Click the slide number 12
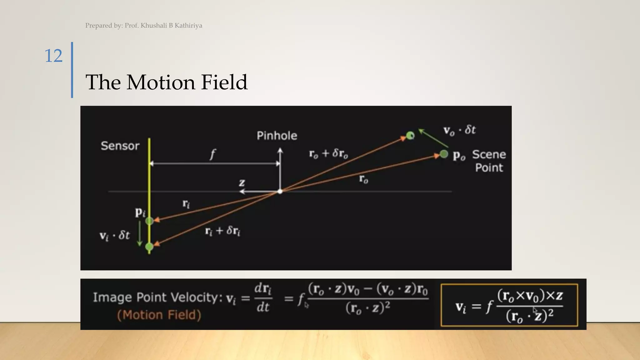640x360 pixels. pyautogui.click(x=53, y=56)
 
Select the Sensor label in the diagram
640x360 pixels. pyautogui.click(x=120, y=146)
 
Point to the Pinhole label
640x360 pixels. pyautogui.click(x=277, y=136)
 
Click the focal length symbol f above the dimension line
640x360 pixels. pyautogui.click(x=213, y=154)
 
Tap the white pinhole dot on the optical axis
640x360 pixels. pyautogui.click(x=280, y=191)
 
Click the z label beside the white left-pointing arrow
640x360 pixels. pyautogui.click(x=242, y=182)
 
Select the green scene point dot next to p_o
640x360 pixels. pyautogui.click(x=444, y=154)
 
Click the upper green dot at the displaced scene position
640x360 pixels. pyautogui.click(x=410, y=135)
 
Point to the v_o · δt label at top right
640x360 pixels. pyautogui.click(x=459, y=130)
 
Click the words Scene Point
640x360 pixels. pyautogui.click(x=489, y=161)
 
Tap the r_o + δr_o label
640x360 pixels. pyautogui.click(x=328, y=153)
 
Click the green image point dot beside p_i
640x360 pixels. pyautogui.click(x=149, y=221)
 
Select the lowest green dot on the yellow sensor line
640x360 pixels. pyautogui.click(x=149, y=247)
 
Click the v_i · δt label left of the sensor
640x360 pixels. pyautogui.click(x=114, y=235)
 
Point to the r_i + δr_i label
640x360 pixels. pyautogui.click(x=222, y=231)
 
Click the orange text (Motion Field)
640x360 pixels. pyautogui.click(x=159, y=315)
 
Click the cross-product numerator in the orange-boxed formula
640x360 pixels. pyautogui.click(x=530, y=295)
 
